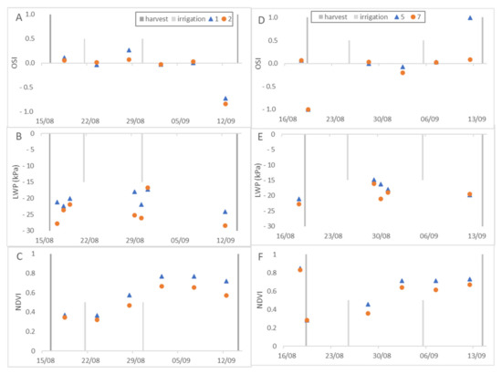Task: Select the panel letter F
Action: coord(265,258)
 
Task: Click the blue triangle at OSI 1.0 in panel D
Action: coord(470,17)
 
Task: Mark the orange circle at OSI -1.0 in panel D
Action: coord(308,109)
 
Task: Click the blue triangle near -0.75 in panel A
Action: coord(225,98)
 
